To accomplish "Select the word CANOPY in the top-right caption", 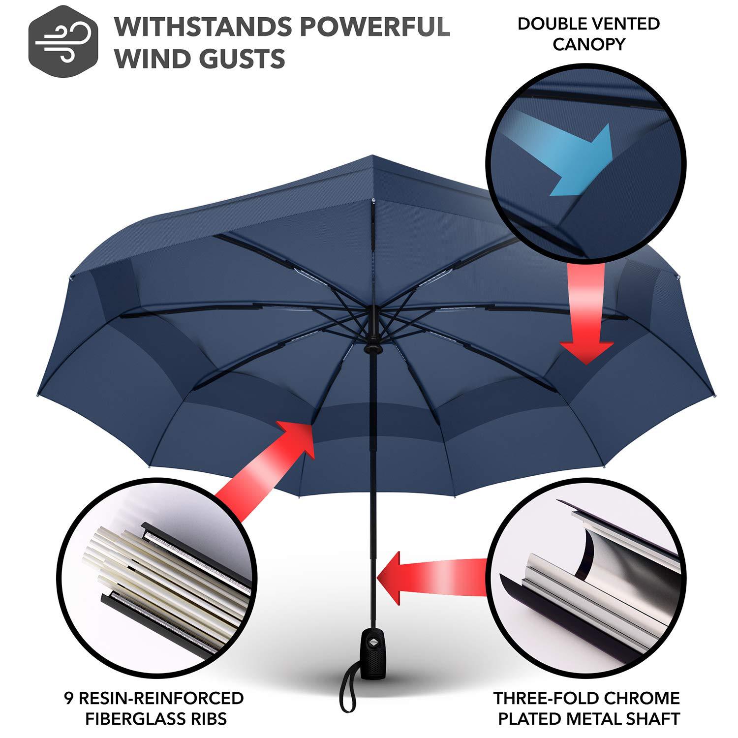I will (588, 45).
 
